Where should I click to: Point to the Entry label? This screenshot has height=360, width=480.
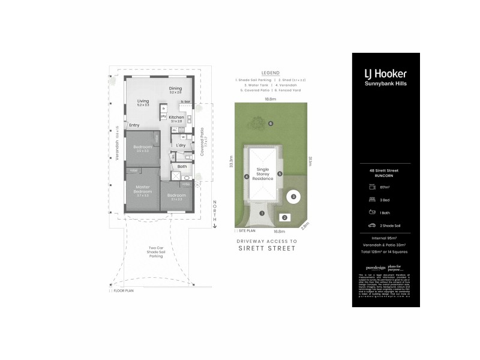pyautogui.click(x=134, y=125)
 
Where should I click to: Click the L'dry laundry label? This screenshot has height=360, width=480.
pyautogui.click(x=181, y=146)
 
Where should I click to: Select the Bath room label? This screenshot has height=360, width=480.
pyautogui.click(x=182, y=166)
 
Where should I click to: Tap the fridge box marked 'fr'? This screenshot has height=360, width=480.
pyautogui.click(x=163, y=109)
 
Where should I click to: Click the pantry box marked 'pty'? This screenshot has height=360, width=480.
pyautogui.click(x=163, y=116)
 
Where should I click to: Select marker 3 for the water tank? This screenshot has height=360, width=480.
pyautogui.click(x=293, y=196)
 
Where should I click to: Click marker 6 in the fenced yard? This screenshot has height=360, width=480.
pyautogui.click(x=271, y=124)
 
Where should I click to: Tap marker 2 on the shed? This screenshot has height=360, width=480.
pyautogui.click(x=284, y=218)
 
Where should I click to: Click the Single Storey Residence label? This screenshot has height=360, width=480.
pyautogui.click(x=262, y=174)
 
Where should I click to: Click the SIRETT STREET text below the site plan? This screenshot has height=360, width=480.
pyautogui.click(x=267, y=247)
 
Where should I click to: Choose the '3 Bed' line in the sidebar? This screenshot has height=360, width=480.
pyautogui.click(x=385, y=201)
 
